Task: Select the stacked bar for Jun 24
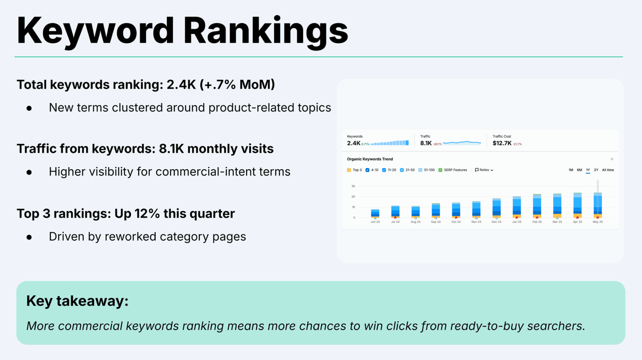(375, 213)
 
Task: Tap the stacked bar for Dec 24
(497, 208)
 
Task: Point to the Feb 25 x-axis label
(537, 222)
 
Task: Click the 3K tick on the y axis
(353, 186)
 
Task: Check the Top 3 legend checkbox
(349, 170)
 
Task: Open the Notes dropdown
(484, 170)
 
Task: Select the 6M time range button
(579, 170)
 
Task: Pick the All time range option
(608, 170)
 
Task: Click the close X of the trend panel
(612, 159)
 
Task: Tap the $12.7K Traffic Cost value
(502, 143)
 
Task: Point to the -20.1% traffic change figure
(437, 144)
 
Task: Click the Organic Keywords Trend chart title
(370, 159)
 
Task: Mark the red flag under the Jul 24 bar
(395, 218)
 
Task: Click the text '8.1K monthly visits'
(216, 149)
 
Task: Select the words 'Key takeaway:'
(77, 301)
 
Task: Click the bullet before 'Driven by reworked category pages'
(29, 237)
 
